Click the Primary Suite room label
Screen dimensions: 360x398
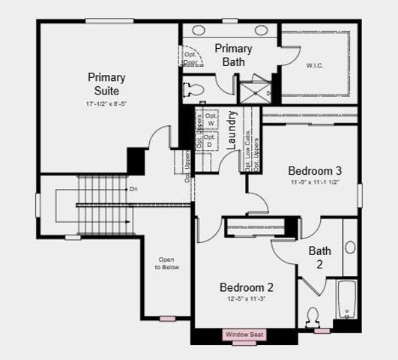[106, 83]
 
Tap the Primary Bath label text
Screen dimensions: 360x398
[233, 55]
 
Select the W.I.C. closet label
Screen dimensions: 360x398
[315, 64]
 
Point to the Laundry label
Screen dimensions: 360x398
[232, 130]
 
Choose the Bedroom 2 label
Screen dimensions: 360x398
[247, 287]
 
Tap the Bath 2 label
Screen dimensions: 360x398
[320, 257]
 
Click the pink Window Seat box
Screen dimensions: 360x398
[243, 334]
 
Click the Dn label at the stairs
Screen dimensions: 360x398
[133, 189]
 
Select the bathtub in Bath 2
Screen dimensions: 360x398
[347, 300]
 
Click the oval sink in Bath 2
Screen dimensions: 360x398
[350, 247]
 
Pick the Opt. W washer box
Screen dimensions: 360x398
[209, 119]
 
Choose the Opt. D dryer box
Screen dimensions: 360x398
[209, 140]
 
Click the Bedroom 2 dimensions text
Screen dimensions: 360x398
[247, 298]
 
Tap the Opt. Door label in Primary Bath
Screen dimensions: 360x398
[190, 58]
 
